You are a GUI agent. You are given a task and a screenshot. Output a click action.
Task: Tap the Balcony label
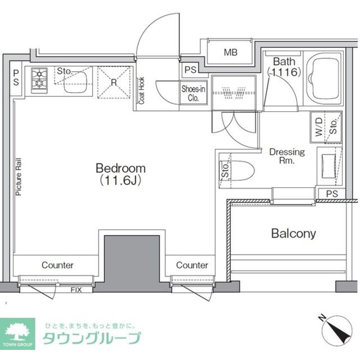pos(293,234)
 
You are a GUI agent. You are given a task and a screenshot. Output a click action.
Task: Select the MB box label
pos(230,53)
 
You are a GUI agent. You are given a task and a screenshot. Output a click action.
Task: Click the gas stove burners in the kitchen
pos(39,79)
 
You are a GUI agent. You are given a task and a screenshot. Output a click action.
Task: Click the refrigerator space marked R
pos(114,82)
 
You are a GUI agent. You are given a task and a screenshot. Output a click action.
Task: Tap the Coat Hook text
pos(141,90)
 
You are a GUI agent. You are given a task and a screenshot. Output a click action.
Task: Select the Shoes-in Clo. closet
pos(193,93)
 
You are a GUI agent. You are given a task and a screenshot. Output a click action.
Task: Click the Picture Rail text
pos(19,177)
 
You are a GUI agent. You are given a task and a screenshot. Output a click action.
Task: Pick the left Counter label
pos(58,265)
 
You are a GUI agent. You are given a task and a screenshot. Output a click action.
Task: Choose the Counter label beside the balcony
pos(192,265)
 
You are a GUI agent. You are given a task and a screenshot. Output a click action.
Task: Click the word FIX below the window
pos(76,289)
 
